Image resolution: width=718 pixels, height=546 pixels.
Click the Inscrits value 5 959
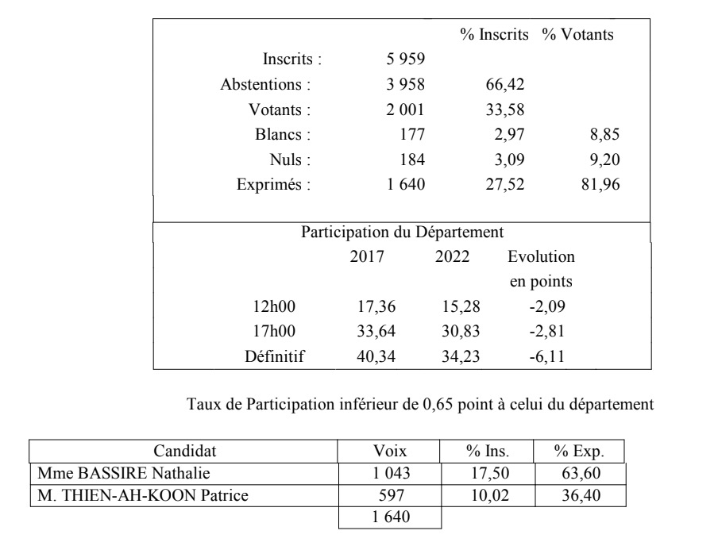pos(404,58)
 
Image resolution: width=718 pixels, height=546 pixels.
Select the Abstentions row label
pos(265,83)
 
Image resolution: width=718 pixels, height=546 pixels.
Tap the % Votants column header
pos(577,35)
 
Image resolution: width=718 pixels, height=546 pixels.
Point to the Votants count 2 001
pos(404,109)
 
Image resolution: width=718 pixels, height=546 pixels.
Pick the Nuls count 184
pos(412,160)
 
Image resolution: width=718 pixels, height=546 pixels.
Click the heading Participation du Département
pos(402,233)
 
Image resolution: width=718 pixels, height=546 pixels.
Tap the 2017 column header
pos(367,257)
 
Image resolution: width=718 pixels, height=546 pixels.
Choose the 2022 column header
pos(453,257)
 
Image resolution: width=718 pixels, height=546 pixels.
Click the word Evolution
pos(541,257)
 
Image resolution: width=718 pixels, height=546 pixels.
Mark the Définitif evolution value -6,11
pos(546,355)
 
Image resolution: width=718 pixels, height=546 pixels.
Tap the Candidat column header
pos(184,452)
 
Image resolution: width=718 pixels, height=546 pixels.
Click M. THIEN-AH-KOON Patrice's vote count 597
pos(390,497)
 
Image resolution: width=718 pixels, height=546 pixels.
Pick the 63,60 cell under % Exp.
pos(579,474)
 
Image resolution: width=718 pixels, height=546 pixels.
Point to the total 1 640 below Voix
pos(390,519)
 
